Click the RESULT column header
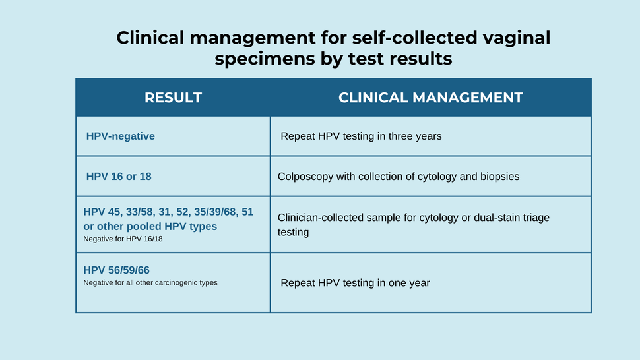click(173, 98)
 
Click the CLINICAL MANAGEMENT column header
click(430, 98)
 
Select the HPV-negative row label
click(121, 136)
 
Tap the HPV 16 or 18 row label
click(119, 177)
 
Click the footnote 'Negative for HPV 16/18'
click(123, 239)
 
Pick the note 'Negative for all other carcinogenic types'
click(150, 282)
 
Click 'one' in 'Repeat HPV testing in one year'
click(387, 283)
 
